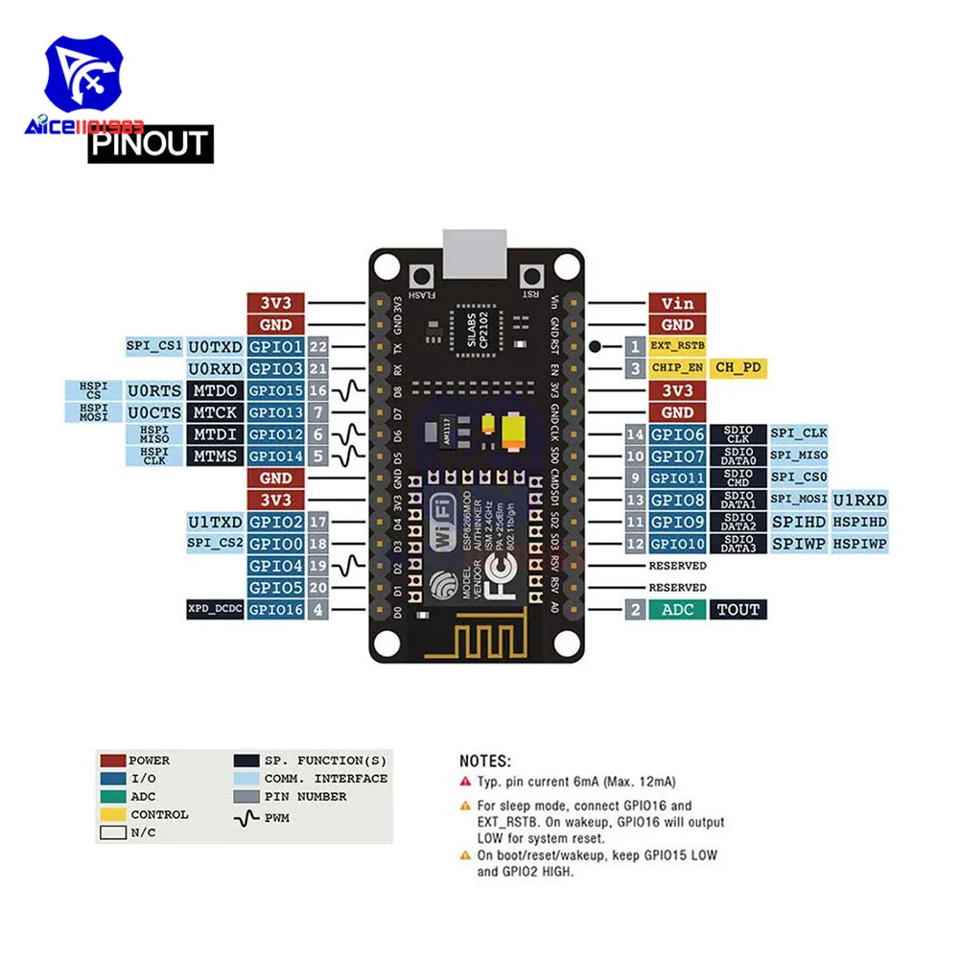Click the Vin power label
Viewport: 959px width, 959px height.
point(677,303)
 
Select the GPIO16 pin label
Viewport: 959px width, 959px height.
point(275,609)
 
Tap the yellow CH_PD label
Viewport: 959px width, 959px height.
point(738,367)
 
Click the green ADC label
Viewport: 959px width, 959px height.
point(677,609)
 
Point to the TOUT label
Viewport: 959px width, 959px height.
point(737,609)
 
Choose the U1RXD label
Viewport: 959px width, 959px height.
point(859,500)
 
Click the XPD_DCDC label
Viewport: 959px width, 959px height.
point(215,609)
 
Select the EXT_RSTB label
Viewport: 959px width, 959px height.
point(677,346)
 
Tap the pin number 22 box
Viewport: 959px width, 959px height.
point(319,346)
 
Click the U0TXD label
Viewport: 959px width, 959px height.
point(215,346)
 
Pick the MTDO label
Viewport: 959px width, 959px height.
point(215,390)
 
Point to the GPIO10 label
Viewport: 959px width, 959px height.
point(677,544)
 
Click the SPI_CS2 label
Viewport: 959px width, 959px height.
point(215,544)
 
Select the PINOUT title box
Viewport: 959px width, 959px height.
point(151,144)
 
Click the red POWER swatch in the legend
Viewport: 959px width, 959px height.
point(112,760)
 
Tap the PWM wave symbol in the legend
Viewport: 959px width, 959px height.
point(246,818)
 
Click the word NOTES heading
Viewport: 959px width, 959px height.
point(485,760)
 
